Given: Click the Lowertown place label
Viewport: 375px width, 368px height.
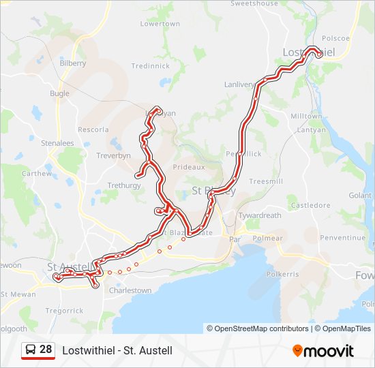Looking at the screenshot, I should coord(160,24).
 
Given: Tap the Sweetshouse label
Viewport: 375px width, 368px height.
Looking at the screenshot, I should coord(254,3).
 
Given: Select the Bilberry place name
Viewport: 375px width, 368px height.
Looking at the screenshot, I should coord(73,63).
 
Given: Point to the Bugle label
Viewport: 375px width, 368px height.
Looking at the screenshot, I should coord(60,93).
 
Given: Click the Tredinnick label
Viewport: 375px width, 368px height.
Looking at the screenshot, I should coord(150,66).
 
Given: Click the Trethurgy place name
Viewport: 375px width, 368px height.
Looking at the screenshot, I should coord(124,185).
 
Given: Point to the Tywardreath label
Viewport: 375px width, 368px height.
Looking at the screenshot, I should coord(259,216).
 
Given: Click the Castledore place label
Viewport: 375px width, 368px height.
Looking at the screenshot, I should coord(310,205).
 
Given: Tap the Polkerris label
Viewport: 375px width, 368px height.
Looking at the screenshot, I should coord(282,274).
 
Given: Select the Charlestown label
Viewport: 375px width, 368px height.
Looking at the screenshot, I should coord(130,290).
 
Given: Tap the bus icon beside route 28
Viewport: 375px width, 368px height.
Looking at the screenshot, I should coord(31,350).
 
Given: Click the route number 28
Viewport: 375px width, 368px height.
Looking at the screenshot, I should coord(46,350).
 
